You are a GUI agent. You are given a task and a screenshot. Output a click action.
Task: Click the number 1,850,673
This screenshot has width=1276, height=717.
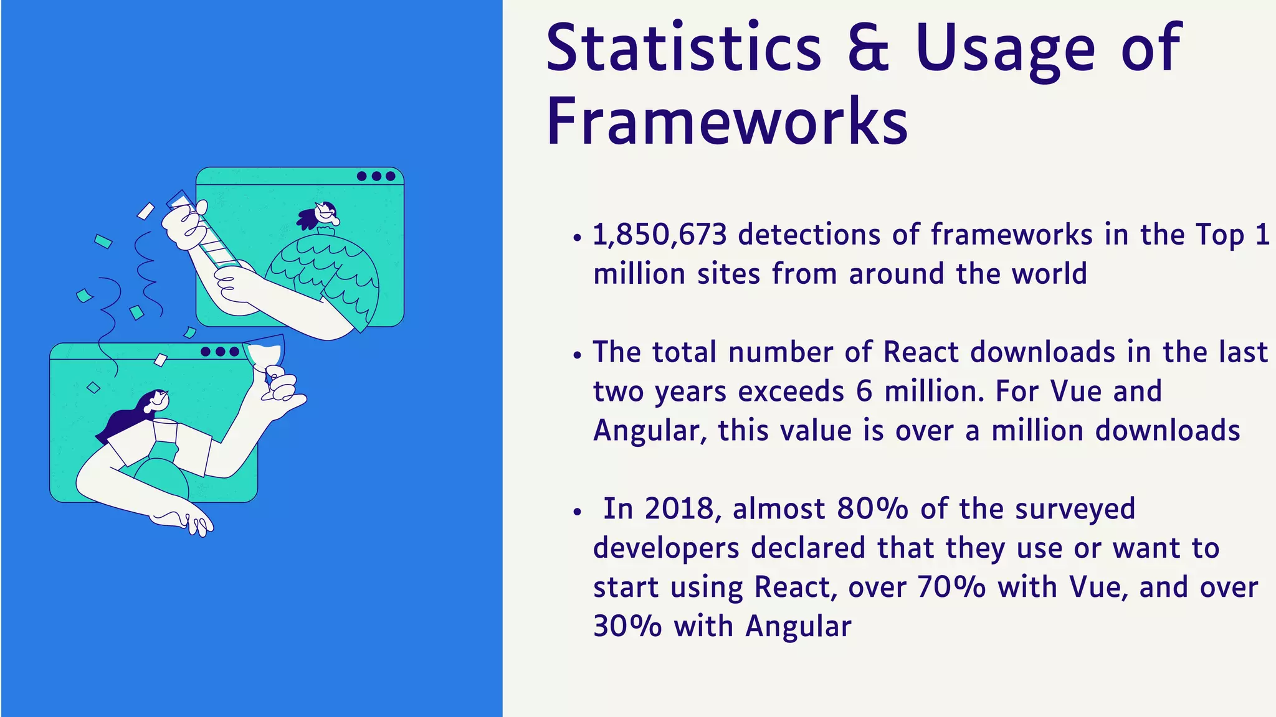pyautogui.click(x=659, y=235)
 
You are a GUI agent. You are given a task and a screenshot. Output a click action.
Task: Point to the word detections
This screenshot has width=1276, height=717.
pyautogui.click(x=809, y=235)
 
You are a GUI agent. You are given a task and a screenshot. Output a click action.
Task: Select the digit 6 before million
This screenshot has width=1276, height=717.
pyautogui.click(x=864, y=392)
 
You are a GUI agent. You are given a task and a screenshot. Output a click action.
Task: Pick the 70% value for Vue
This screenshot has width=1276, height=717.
pyautogui.click(x=951, y=587)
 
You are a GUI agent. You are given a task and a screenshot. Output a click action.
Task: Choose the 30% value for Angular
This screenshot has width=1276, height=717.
pyautogui.click(x=627, y=626)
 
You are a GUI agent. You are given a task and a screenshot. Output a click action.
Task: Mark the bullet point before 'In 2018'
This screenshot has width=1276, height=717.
pyautogui.click(x=578, y=512)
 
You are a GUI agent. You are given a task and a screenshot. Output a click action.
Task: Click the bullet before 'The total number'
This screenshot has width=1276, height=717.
pyautogui.click(x=578, y=355)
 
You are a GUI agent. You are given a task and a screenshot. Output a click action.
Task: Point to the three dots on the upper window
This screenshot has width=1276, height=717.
pyautogui.click(x=376, y=176)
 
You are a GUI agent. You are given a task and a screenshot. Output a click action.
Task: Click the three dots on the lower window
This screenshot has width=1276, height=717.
pyautogui.click(x=220, y=352)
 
